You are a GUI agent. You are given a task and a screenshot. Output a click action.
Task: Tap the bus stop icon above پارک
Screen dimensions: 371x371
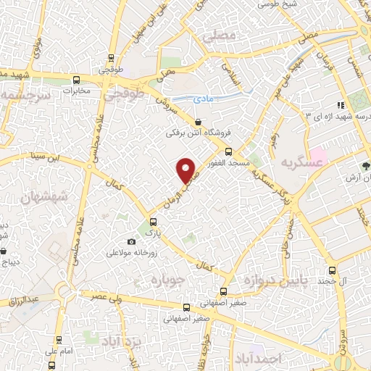pyautogui.click(x=151, y=222)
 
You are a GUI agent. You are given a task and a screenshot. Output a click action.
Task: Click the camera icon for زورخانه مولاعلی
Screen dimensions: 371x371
pyautogui.click(x=131, y=241)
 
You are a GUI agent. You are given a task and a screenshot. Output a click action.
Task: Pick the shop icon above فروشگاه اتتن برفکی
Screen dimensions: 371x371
pyautogui.click(x=199, y=122)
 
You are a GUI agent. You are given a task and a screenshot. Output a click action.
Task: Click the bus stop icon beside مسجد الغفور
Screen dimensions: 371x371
pyautogui.click(x=229, y=151)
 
